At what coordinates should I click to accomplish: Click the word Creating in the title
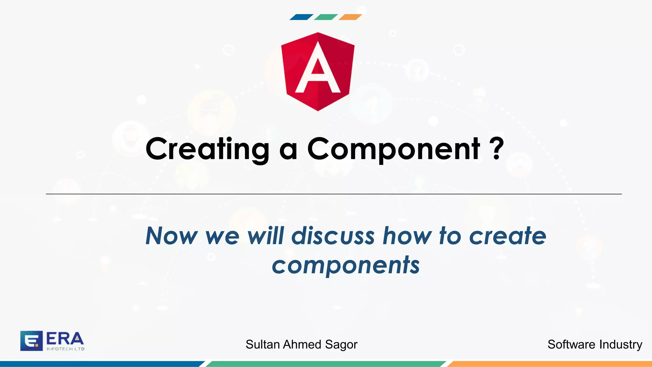[207, 149]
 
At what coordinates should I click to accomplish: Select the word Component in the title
[393, 149]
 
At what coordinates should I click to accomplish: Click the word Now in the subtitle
[171, 236]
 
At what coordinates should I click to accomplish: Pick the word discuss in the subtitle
[333, 236]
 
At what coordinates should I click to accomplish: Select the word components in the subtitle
[346, 265]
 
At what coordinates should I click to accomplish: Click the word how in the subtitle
[407, 236]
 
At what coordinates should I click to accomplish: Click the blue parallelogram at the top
[301, 17]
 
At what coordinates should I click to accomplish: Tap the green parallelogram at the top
[326, 17]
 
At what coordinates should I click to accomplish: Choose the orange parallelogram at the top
[350, 17]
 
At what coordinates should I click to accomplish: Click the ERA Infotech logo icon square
[31, 341]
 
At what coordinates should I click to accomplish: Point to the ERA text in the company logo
[65, 339]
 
